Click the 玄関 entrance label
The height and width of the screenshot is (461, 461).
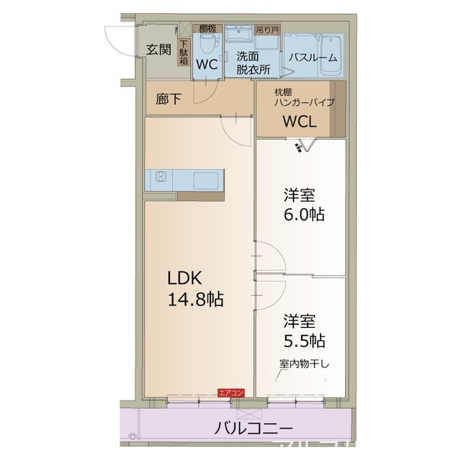158,50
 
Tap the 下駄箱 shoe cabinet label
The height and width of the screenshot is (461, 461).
183,53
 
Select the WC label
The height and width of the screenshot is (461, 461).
207,64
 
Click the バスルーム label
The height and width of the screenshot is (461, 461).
313,58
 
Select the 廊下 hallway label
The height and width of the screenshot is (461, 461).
169,99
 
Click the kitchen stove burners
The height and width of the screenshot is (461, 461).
160,177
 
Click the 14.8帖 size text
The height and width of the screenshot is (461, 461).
195,300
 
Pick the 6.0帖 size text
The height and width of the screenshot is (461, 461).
303,214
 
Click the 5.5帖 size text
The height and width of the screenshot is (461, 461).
303,339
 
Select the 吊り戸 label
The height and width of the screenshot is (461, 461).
267,30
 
